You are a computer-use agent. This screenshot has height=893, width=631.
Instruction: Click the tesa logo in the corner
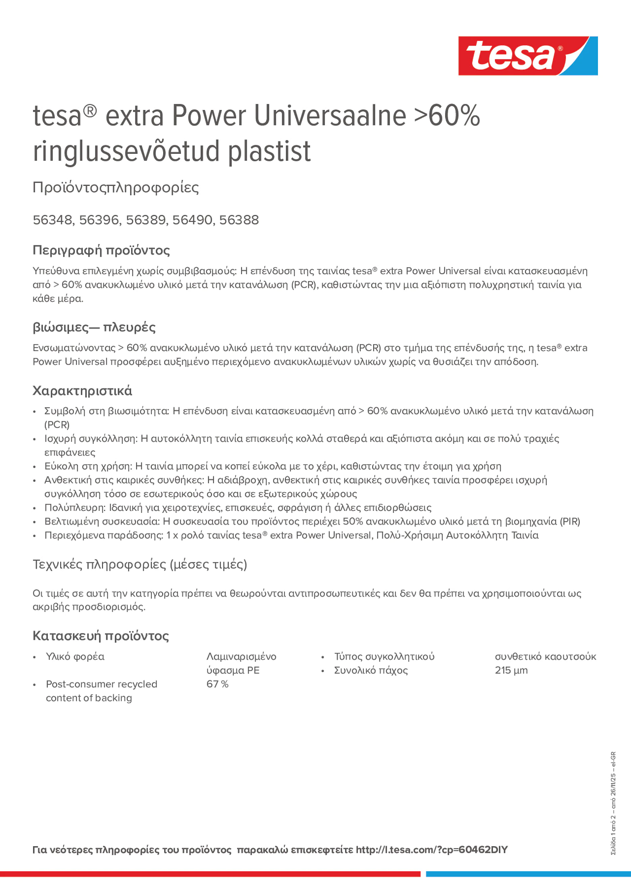528,55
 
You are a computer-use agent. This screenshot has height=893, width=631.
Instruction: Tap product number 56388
239,220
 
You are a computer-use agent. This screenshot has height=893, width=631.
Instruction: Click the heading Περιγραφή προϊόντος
101,250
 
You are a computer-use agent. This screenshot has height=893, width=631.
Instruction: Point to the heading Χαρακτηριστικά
82,390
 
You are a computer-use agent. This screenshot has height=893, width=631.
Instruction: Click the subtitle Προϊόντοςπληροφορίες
116,188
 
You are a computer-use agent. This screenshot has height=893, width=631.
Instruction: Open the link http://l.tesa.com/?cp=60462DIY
431,850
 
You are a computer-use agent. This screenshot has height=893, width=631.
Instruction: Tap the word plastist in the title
269,151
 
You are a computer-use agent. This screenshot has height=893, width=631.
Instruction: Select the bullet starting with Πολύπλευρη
238,508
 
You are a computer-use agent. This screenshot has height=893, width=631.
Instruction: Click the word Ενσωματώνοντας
74,348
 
